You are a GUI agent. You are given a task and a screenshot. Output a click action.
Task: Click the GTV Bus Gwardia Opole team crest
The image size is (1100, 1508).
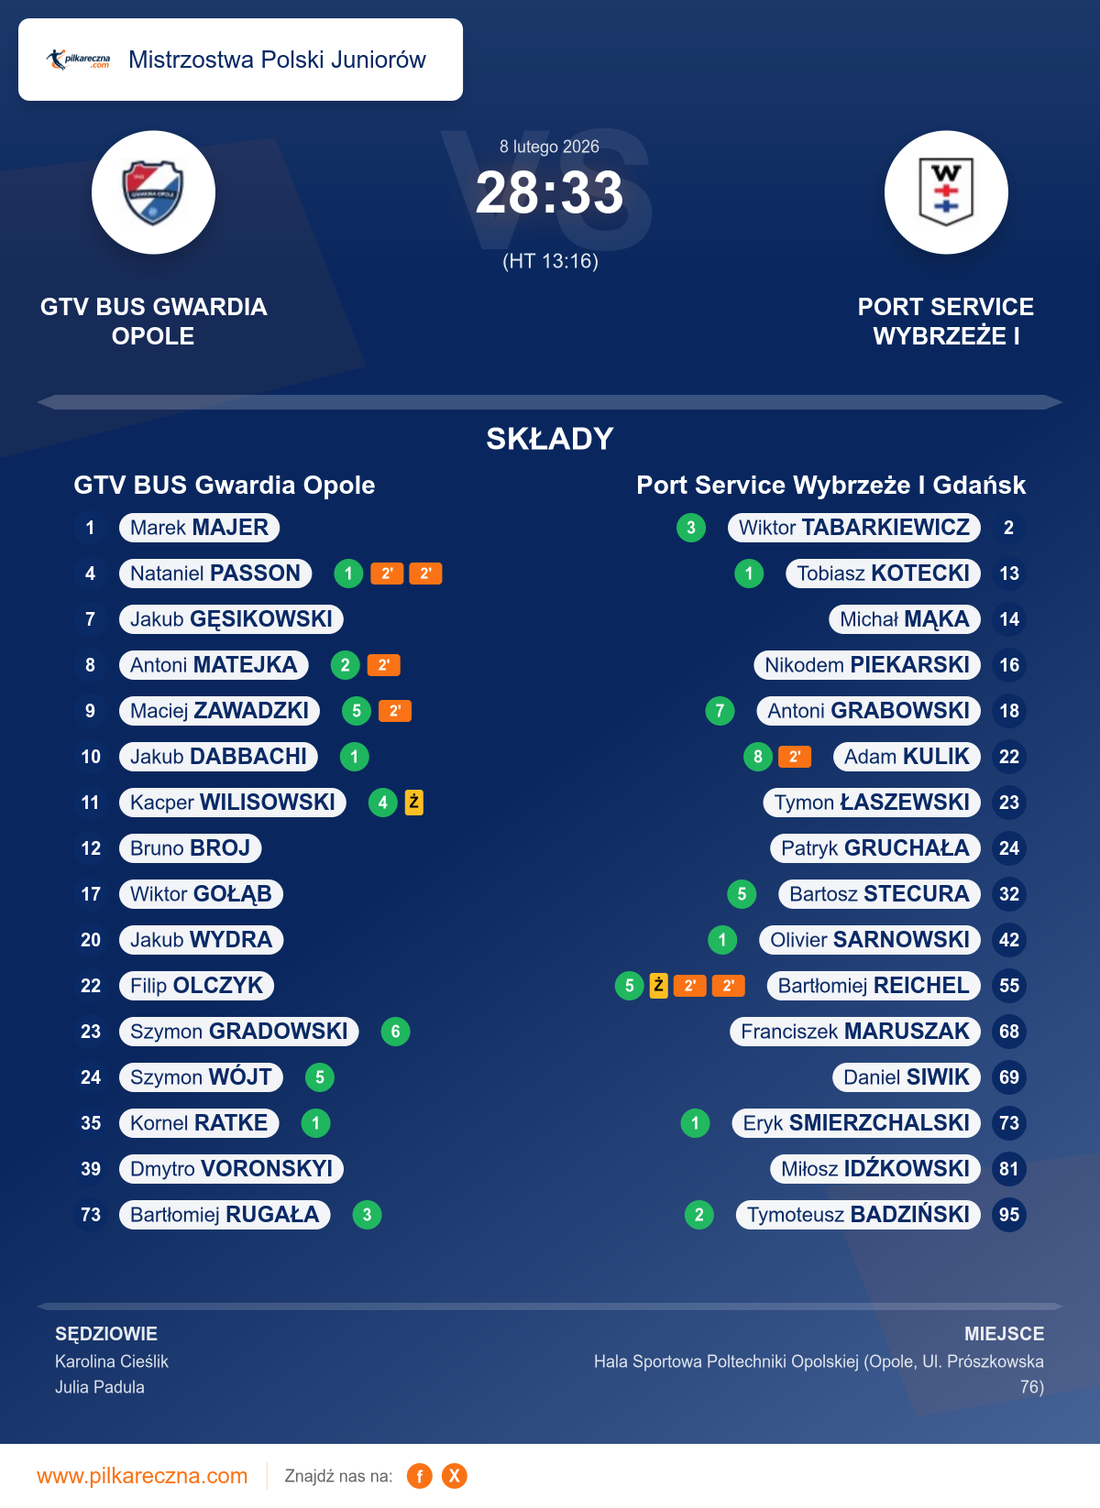pos(153,192)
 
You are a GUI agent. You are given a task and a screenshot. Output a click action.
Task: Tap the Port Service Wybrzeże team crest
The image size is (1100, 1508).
pos(946,192)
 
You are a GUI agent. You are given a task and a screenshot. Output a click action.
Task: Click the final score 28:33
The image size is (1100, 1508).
pos(549,193)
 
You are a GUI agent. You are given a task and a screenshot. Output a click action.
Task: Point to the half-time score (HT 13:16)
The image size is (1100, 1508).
pos(550,261)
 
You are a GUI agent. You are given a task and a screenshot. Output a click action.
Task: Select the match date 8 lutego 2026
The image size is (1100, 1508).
pos(549,147)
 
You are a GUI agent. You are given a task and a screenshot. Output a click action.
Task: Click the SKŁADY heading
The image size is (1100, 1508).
pos(549,439)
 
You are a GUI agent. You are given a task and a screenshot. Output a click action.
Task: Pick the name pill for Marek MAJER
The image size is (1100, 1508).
pos(199,528)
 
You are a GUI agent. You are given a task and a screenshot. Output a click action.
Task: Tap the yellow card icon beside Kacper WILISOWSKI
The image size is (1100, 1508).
pos(414,803)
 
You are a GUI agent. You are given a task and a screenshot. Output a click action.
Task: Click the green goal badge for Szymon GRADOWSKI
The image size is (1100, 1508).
pos(395,1032)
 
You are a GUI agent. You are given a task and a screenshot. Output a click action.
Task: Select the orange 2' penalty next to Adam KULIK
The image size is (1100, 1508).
pos(795,757)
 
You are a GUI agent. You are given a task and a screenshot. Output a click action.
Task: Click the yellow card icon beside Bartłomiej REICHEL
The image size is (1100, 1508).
pos(658,986)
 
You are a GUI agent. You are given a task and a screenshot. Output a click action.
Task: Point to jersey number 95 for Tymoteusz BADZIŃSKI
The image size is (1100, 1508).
pos(1009,1215)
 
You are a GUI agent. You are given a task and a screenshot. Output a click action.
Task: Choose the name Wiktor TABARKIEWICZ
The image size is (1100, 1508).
pos(854,528)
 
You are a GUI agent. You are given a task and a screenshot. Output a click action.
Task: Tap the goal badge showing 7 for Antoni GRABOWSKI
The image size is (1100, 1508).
pos(720,711)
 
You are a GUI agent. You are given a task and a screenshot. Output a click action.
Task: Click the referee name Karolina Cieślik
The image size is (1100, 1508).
pos(112,1361)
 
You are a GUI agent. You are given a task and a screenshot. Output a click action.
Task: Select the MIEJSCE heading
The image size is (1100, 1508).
pos(1004,1334)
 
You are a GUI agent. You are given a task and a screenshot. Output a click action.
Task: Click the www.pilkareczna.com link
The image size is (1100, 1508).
pos(142,1476)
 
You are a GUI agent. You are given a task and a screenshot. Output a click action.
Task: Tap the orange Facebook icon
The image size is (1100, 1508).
pos(420,1476)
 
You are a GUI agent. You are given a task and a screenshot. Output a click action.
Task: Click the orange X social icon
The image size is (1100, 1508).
pos(455,1476)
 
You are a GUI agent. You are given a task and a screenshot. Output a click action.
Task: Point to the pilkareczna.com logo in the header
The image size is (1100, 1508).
pos(79,60)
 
